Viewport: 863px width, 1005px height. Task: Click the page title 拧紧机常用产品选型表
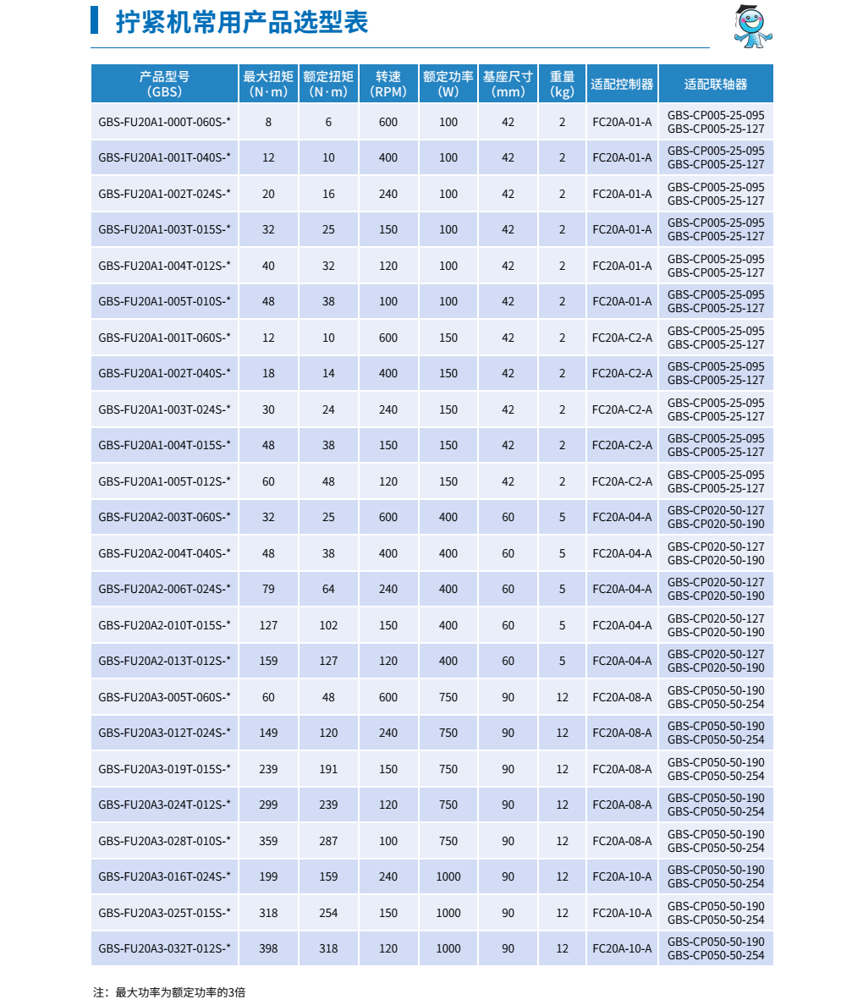click(x=242, y=22)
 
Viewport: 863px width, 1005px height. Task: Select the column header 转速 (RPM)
click(x=388, y=84)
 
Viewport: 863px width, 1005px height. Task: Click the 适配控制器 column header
click(x=622, y=84)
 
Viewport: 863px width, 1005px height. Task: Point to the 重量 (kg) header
click(x=562, y=84)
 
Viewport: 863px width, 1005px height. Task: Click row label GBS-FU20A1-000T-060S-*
click(x=164, y=122)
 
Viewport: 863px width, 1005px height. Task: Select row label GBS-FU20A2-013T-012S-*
click(x=164, y=661)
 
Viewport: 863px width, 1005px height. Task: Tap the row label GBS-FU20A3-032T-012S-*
click(x=164, y=948)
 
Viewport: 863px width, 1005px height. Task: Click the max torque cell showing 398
click(x=268, y=948)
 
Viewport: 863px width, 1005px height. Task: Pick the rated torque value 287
click(x=328, y=841)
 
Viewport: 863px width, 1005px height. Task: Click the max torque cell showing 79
click(x=268, y=589)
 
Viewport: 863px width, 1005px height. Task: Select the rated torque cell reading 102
click(x=328, y=625)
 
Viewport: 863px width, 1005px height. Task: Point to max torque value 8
click(x=268, y=122)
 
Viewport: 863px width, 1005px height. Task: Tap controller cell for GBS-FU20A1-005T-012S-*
click(x=622, y=481)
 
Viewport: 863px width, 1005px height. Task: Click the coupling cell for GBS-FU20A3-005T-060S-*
click(x=716, y=697)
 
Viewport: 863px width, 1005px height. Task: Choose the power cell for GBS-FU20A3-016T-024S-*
click(x=448, y=876)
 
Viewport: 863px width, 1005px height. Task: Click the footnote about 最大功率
click(x=169, y=991)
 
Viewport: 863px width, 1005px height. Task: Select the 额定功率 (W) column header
click(x=448, y=84)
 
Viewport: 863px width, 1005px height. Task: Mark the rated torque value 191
click(x=328, y=769)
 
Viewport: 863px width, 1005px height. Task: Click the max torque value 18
click(x=268, y=373)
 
